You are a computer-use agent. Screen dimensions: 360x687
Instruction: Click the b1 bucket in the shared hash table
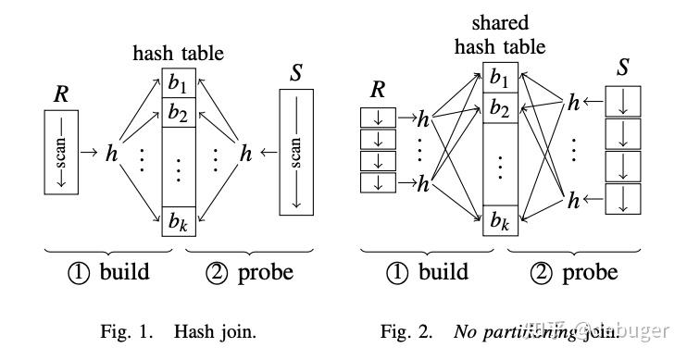(x=499, y=77)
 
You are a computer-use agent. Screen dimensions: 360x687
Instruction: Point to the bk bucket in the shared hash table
(x=499, y=220)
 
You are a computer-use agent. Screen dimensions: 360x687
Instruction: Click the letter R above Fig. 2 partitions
(x=379, y=90)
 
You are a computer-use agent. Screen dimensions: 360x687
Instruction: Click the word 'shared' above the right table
(x=501, y=24)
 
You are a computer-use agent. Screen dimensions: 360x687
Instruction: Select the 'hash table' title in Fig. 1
(x=179, y=53)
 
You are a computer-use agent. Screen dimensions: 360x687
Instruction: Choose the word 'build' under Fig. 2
(x=443, y=273)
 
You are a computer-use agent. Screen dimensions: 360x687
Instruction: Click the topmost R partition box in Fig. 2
(x=378, y=118)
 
